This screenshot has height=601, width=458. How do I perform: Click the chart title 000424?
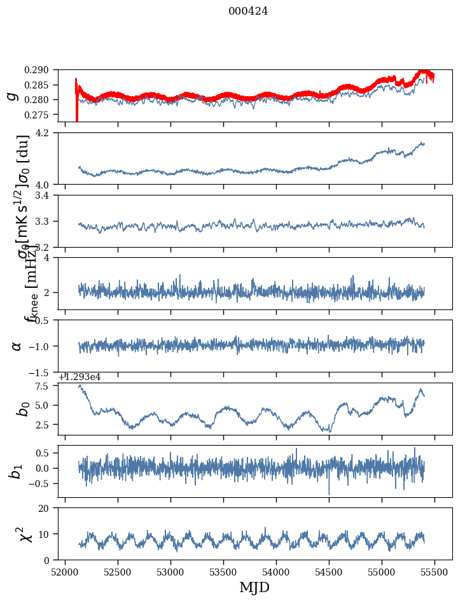(x=248, y=11)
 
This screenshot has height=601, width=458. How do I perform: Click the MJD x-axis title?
(x=254, y=588)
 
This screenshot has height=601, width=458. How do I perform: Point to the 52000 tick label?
(x=65, y=572)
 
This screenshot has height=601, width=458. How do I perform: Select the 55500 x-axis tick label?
(x=434, y=572)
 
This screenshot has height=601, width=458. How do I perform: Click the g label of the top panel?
(x=11, y=95)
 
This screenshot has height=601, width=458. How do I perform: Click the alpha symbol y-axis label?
(x=17, y=346)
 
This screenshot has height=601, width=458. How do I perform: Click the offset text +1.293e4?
(x=79, y=377)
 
